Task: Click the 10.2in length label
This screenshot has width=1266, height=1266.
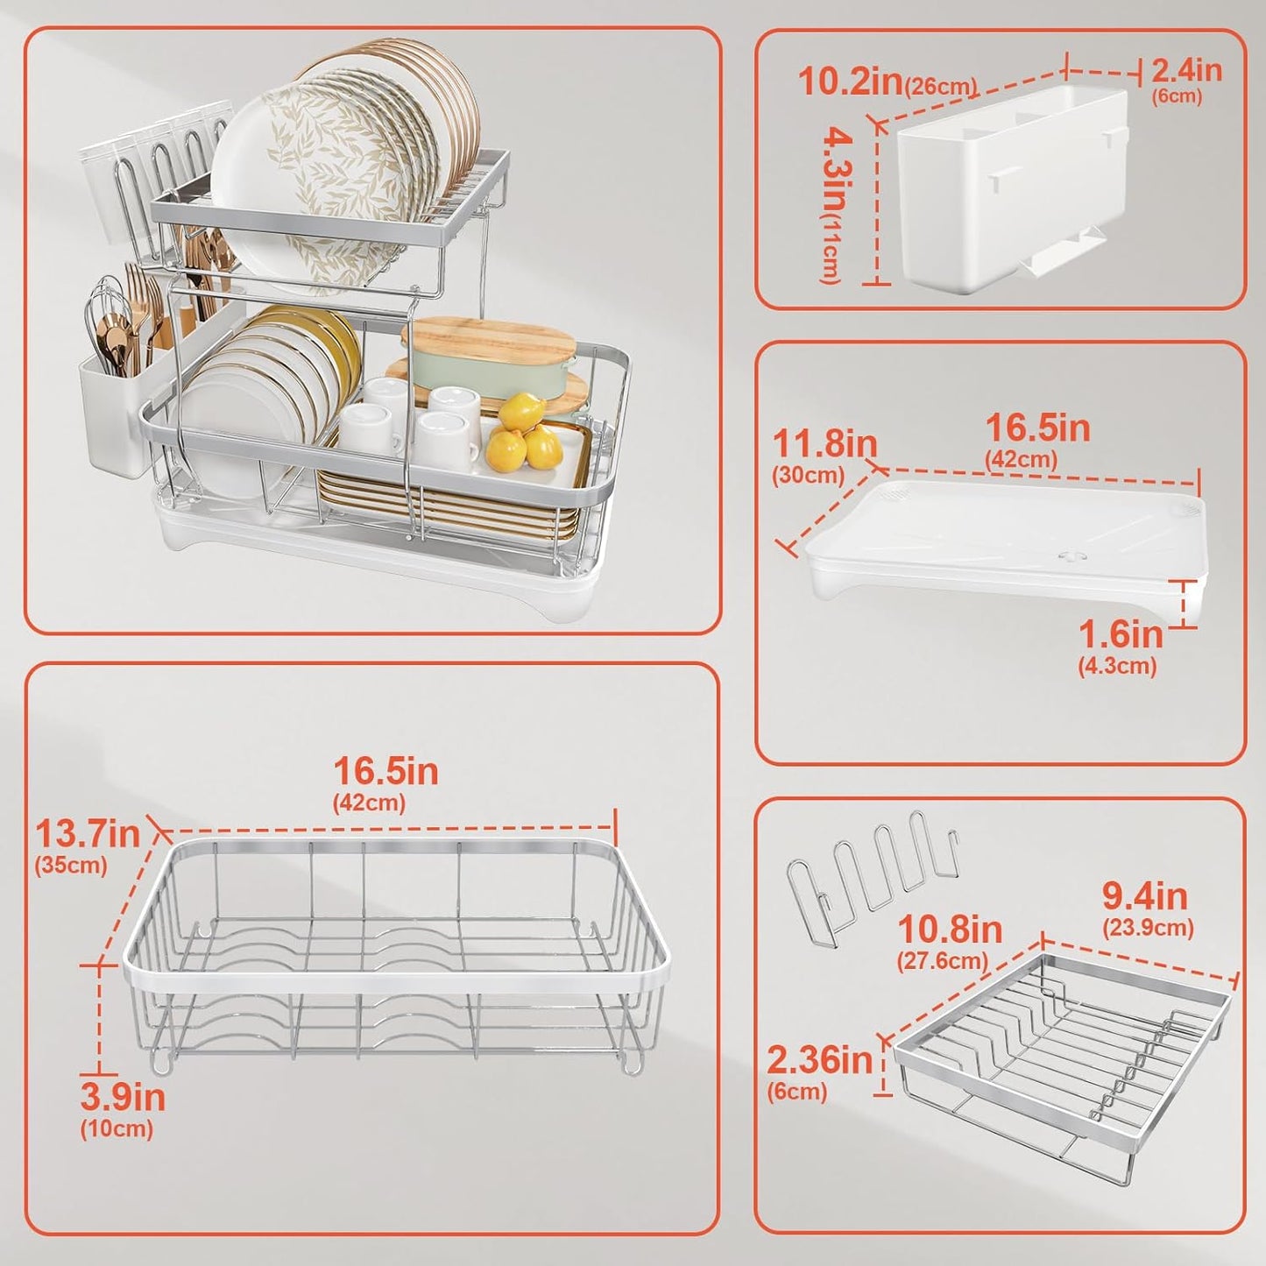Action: (850, 81)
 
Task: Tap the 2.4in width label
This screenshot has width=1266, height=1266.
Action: (1186, 70)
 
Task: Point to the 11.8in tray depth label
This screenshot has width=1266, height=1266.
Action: (824, 444)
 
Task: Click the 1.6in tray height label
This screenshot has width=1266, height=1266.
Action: (1120, 634)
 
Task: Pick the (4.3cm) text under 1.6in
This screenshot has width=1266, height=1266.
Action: (1117, 666)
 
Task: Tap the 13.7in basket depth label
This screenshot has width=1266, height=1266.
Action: (88, 833)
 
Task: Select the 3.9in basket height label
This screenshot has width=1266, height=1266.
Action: (123, 1097)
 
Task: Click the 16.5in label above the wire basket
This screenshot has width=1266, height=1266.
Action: (385, 771)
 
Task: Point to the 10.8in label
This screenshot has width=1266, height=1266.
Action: (950, 929)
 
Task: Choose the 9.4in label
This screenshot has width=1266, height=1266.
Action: (1144, 895)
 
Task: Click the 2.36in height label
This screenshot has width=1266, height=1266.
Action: (819, 1060)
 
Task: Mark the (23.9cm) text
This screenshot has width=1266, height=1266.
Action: (1148, 928)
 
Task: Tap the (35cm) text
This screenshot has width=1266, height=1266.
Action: (71, 866)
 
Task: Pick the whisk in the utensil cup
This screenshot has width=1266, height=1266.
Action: (105, 307)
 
